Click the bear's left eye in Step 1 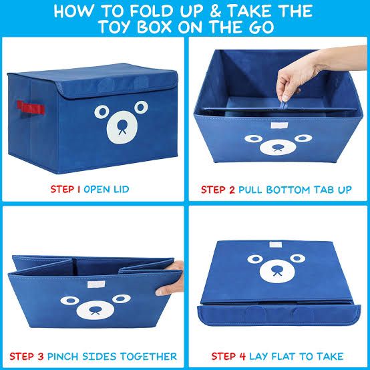pyautogui.click(x=102, y=110)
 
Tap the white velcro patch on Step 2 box pyautogui.click(x=278, y=122)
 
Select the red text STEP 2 pyautogui.click(x=218, y=190)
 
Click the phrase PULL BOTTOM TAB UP pyautogui.click(x=295, y=190)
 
